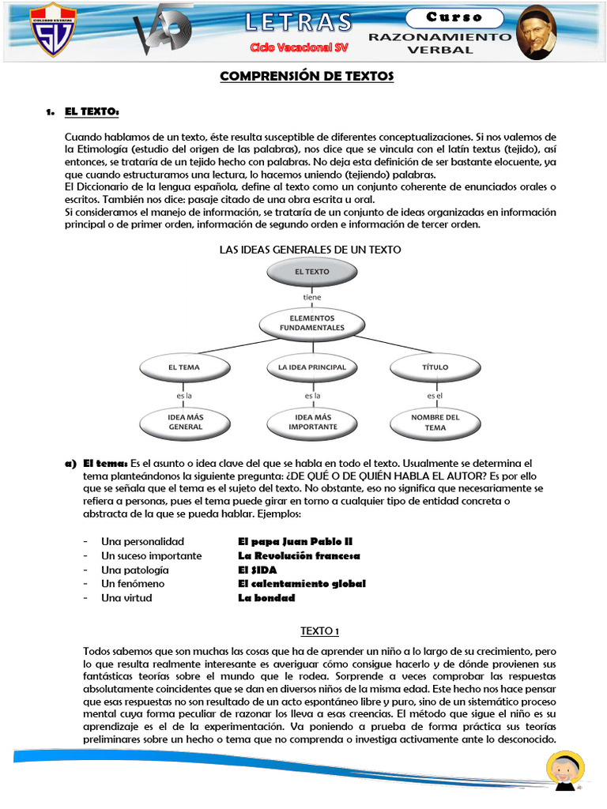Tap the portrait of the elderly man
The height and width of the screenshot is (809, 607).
(537, 34)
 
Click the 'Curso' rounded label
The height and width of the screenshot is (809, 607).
(454, 17)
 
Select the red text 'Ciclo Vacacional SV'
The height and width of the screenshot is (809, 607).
(291, 47)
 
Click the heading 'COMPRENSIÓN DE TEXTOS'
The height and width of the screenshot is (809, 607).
(306, 77)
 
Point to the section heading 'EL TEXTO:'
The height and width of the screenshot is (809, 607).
(92, 112)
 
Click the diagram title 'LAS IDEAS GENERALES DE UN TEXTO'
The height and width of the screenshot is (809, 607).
(310, 250)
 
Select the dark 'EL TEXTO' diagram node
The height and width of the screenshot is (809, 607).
(311, 272)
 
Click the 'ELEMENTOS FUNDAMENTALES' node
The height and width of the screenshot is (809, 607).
(311, 323)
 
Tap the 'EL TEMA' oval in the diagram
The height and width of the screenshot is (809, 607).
(184, 367)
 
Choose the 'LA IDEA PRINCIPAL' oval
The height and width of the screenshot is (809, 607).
(312, 367)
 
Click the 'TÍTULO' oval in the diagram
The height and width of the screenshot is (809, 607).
(435, 367)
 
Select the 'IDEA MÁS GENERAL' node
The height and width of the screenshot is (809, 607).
(185, 422)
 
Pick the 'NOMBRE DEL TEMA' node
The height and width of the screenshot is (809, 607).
(435, 422)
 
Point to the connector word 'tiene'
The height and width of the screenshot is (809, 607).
(312, 298)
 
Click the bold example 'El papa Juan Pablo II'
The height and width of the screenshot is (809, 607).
(295, 542)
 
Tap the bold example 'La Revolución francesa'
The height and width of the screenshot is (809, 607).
(299, 556)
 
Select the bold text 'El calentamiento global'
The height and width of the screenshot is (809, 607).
(302, 584)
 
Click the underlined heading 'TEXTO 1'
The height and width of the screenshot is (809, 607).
(320, 630)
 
